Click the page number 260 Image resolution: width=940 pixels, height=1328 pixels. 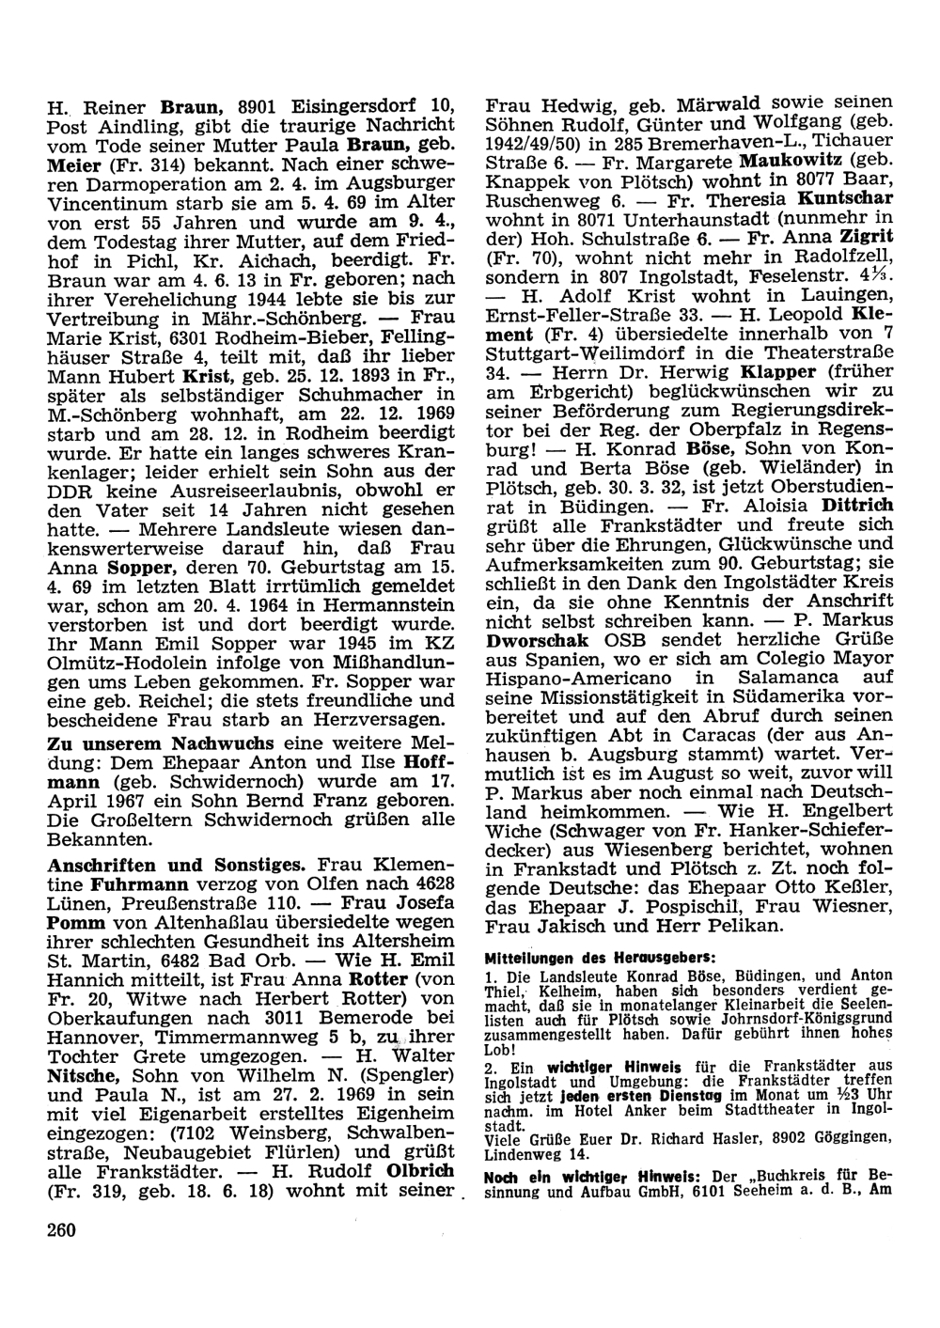(x=63, y=1229)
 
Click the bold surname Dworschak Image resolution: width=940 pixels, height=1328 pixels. (x=535, y=642)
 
